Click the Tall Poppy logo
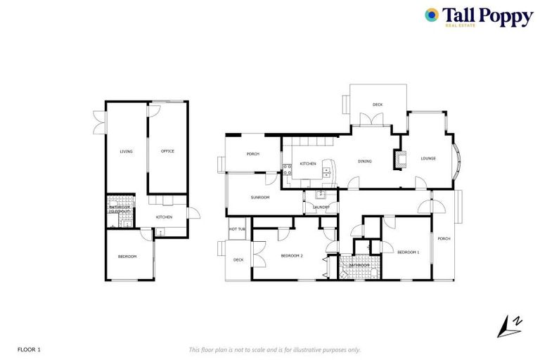tap(477, 16)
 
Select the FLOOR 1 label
tap(29, 349)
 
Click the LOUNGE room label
tap(428, 158)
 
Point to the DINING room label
tap(364, 162)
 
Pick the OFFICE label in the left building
tap(167, 151)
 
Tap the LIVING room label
tap(127, 151)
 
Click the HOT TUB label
tap(237, 229)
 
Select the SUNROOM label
tap(260, 198)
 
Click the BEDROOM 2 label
tap(291, 255)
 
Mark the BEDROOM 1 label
tap(408, 252)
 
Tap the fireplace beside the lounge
tap(401, 159)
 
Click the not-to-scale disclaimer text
tap(274, 349)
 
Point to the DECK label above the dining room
tap(378, 105)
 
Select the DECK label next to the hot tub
tap(238, 259)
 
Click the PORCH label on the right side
tap(444, 239)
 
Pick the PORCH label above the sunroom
tap(253, 155)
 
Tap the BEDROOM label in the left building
tap(127, 257)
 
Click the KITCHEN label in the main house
tap(308, 164)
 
